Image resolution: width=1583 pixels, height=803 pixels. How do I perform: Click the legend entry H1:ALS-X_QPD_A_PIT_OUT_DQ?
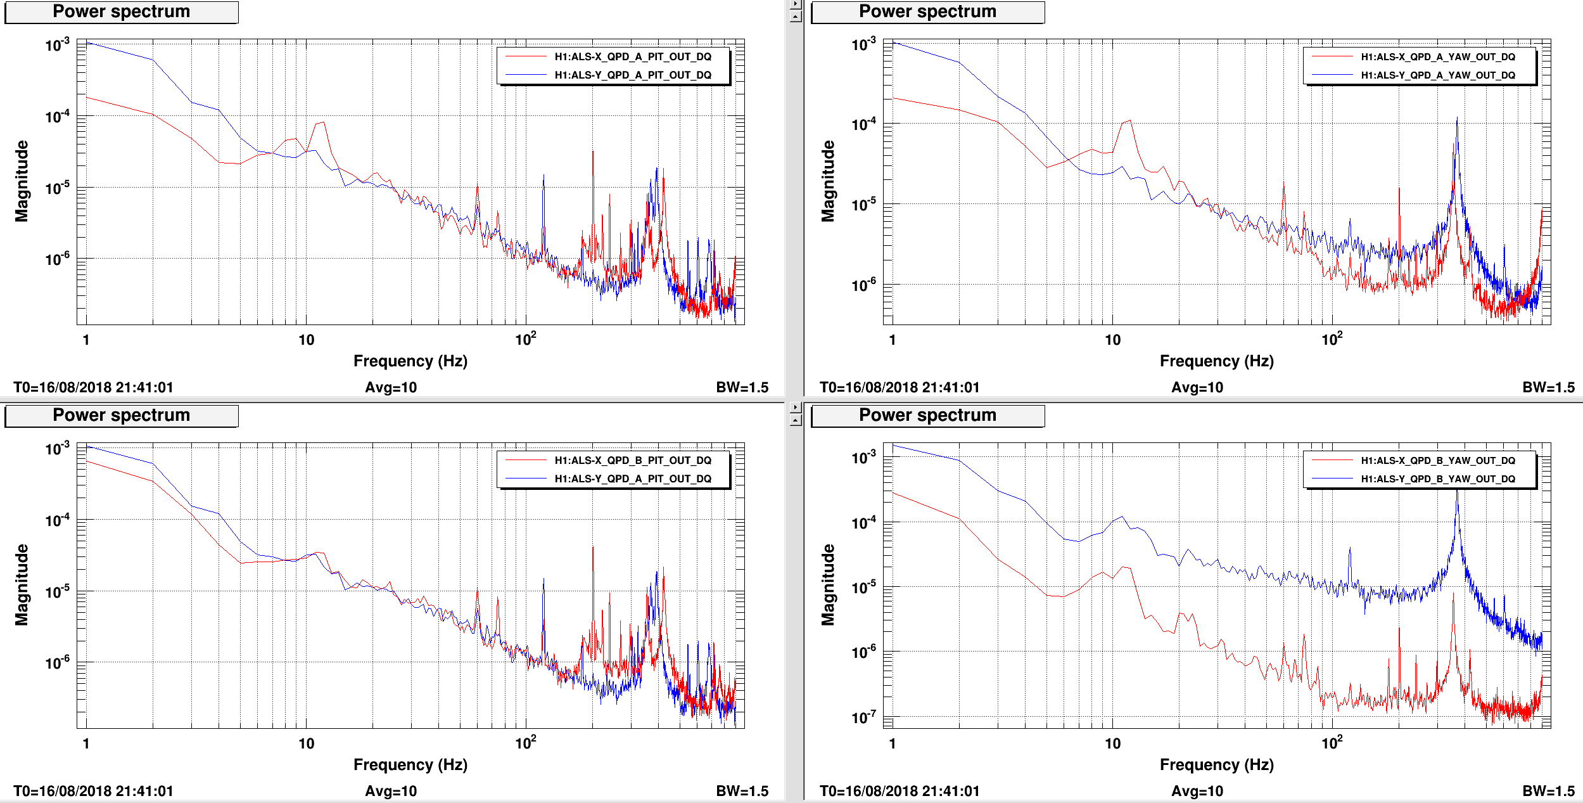click(633, 56)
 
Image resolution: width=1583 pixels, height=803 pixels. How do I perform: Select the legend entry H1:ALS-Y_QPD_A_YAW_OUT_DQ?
click(1438, 75)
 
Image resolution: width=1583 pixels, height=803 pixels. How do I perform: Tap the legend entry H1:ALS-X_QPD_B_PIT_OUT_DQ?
click(633, 460)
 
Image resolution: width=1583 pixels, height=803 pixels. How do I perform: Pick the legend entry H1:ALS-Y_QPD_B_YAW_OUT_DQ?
click(1438, 479)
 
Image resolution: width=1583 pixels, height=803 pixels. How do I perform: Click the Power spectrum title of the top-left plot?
click(121, 11)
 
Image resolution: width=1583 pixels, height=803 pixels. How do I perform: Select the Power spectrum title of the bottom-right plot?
click(927, 415)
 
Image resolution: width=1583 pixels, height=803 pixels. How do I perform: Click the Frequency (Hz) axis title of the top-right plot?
click(1216, 361)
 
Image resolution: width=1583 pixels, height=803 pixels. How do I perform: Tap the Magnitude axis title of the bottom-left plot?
click(22, 585)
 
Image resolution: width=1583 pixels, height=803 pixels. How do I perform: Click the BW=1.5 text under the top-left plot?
click(742, 387)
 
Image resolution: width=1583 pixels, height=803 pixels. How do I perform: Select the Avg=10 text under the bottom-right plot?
click(1197, 791)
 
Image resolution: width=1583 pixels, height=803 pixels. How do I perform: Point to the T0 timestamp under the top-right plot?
click(900, 387)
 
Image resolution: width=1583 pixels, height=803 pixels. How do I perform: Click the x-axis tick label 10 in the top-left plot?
click(306, 340)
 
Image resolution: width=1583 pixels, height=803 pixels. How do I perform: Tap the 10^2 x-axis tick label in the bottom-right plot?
click(1332, 743)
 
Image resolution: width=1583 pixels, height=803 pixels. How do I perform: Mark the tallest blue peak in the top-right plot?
click(1457, 118)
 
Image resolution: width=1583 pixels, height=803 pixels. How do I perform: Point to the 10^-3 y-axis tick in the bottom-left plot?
click(57, 449)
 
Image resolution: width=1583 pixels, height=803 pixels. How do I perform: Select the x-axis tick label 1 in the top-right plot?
click(892, 340)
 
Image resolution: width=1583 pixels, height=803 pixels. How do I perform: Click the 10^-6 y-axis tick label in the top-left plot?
click(57, 259)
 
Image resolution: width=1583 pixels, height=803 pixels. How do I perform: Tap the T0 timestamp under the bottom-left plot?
click(93, 791)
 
